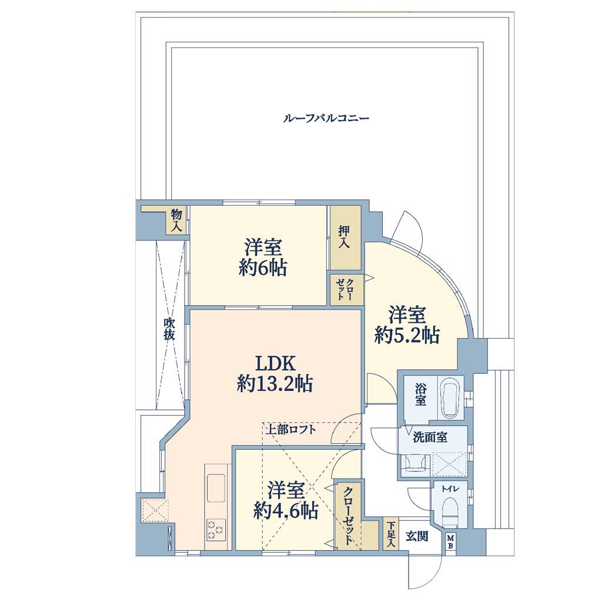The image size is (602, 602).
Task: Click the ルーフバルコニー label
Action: [x=326, y=118]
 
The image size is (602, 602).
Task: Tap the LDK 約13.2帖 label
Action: [x=275, y=373]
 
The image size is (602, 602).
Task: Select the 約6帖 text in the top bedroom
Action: [x=263, y=267]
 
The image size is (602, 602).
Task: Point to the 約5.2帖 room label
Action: [x=407, y=336]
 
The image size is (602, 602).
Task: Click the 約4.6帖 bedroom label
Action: [x=286, y=511]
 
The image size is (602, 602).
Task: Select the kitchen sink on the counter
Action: [x=216, y=489]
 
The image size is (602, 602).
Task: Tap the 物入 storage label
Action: [x=176, y=220]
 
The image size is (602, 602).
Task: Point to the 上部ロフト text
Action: [x=292, y=429]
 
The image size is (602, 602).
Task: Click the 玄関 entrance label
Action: [x=417, y=536]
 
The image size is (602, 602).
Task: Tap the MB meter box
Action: [x=451, y=542]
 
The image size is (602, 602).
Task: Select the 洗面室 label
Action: [x=430, y=437]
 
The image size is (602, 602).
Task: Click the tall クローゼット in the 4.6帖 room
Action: [x=348, y=514]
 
